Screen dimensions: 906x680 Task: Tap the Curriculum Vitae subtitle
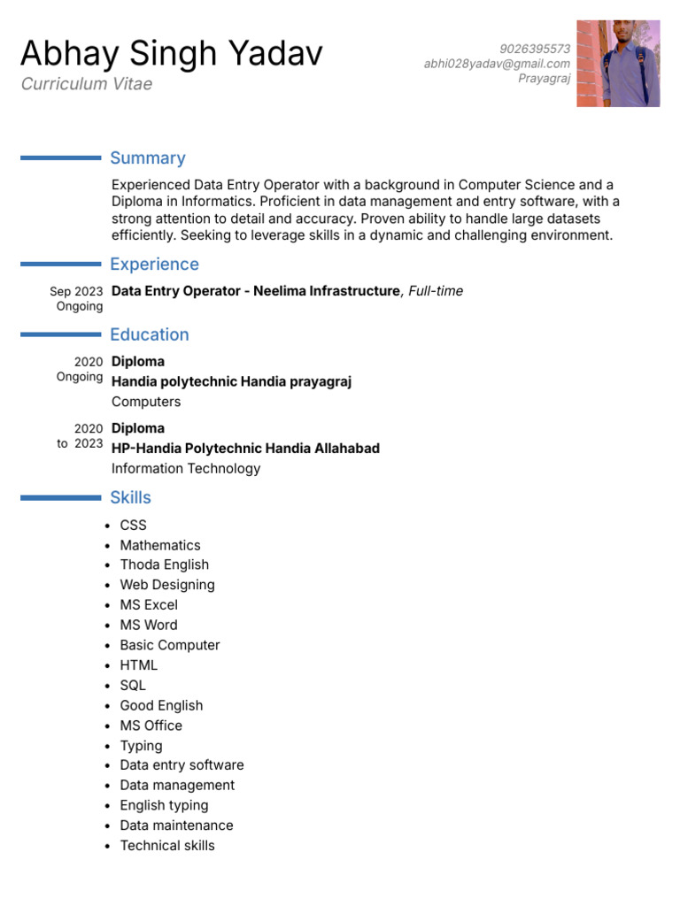(x=87, y=84)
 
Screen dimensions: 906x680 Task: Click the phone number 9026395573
(x=535, y=49)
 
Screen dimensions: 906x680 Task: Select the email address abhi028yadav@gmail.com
(x=497, y=64)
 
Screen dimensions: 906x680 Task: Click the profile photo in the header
(x=618, y=64)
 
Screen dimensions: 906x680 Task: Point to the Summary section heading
(x=148, y=158)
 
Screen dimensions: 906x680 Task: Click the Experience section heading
(x=154, y=265)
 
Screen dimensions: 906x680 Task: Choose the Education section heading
(x=150, y=334)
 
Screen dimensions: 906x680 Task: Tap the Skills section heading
(x=130, y=497)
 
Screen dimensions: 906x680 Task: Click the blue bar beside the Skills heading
(x=60, y=498)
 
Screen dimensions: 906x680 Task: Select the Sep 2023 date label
(x=76, y=291)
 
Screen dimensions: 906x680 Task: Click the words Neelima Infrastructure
(x=326, y=291)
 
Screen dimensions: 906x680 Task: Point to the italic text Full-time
(x=436, y=291)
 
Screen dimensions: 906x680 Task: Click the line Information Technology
(x=186, y=468)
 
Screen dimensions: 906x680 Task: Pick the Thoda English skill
(x=165, y=564)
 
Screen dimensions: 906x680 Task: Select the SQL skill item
(x=133, y=685)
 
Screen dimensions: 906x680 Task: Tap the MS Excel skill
(x=149, y=605)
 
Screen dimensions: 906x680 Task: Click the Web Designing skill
(x=167, y=585)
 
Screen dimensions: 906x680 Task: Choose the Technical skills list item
(x=167, y=845)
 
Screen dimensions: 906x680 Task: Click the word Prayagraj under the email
(x=544, y=78)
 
